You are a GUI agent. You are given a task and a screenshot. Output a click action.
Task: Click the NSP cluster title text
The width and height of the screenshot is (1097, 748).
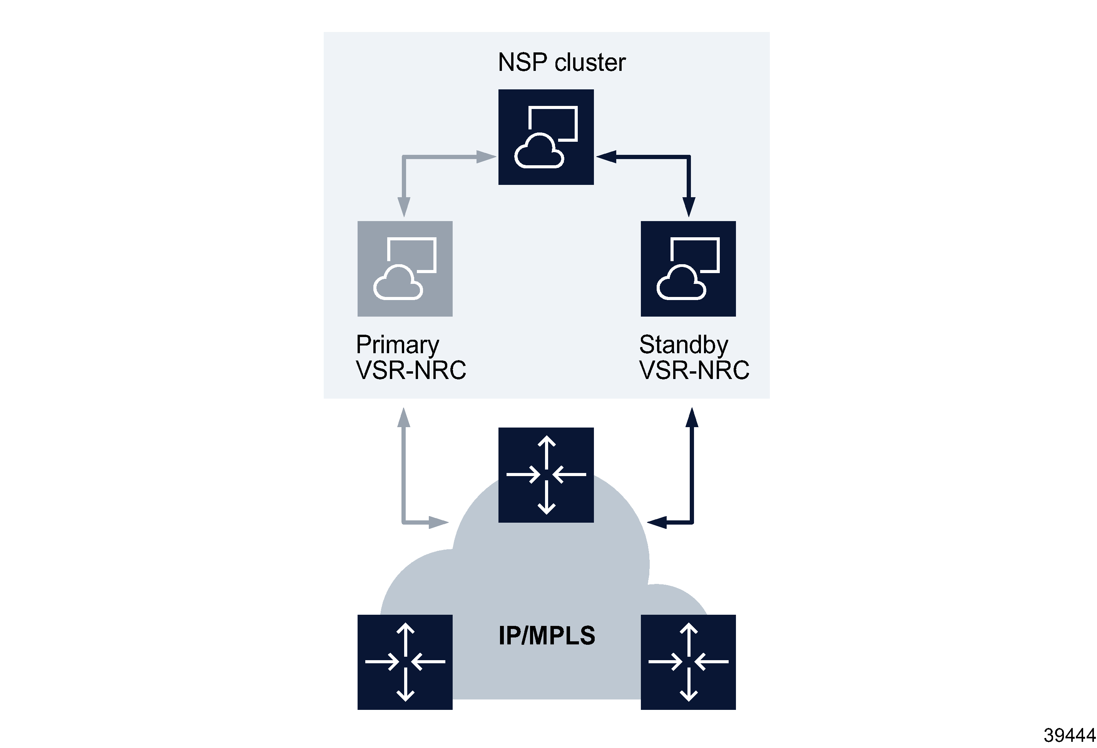tap(561, 62)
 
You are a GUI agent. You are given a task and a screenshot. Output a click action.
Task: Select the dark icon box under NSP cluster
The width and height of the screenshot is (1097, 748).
tap(546, 137)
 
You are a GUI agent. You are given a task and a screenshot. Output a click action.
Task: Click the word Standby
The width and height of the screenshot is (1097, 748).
tap(683, 345)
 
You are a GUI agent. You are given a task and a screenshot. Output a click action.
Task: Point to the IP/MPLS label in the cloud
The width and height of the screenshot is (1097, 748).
tap(547, 636)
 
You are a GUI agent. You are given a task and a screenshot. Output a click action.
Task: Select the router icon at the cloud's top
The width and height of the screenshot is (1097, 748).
tap(546, 475)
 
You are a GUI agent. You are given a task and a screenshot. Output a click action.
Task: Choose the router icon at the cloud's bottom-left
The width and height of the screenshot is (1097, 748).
tap(405, 662)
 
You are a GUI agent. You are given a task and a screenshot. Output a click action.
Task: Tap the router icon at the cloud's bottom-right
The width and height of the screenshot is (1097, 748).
tap(688, 662)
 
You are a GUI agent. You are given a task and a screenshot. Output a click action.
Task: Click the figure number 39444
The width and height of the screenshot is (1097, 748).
tap(1069, 735)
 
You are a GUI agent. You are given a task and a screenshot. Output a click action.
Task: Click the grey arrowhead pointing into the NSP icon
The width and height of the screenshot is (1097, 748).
tap(486, 157)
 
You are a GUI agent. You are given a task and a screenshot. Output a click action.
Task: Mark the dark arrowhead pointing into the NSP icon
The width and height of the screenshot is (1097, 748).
tap(606, 156)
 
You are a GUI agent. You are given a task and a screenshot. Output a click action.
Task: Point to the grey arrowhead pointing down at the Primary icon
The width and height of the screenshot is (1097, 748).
tap(404, 207)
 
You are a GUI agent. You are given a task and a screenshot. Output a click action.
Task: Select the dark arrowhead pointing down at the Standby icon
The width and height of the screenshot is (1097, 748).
tap(689, 207)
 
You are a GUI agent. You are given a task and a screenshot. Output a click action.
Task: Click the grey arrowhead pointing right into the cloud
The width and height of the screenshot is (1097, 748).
tap(438, 522)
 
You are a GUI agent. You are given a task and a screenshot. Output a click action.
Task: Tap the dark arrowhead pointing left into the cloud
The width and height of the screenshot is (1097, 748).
tap(657, 522)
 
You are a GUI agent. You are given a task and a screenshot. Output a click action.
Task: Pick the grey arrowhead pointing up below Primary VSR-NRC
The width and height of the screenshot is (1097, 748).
tap(404, 418)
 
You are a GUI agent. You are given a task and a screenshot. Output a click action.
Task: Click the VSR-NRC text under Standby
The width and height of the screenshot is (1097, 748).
tap(694, 370)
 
